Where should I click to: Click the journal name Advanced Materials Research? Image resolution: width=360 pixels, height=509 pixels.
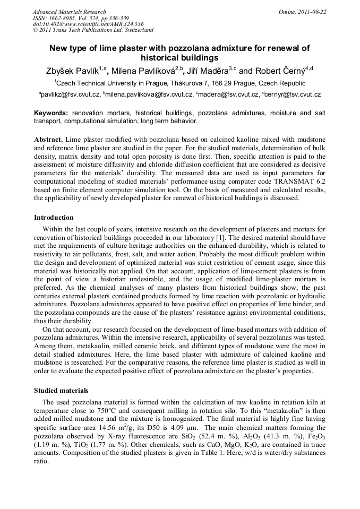(69, 11)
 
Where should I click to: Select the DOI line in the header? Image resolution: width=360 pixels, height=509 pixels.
(88, 24)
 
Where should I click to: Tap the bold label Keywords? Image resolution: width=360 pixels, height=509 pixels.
(51, 113)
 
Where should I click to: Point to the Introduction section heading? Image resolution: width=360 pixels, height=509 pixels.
(54, 218)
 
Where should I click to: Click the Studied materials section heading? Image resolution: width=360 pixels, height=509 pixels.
(61, 390)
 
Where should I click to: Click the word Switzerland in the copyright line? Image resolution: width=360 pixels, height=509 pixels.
(135, 30)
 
